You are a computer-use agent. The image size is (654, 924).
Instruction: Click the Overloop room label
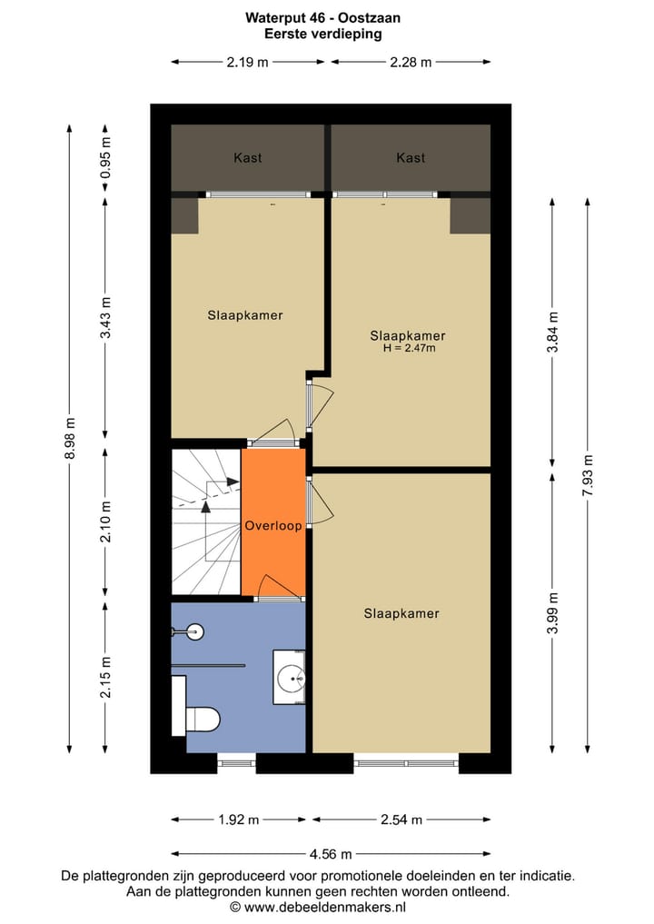[272, 525]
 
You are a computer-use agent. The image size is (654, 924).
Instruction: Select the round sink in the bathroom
[291, 677]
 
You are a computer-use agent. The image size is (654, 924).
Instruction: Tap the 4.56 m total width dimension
[331, 854]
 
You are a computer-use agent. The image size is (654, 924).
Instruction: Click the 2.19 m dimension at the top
[247, 62]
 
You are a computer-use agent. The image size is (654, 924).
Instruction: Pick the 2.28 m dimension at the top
[410, 62]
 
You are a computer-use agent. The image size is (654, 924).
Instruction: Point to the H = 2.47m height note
[409, 347]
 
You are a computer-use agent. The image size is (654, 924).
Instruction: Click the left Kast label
[247, 158]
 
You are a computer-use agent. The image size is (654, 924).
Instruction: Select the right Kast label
[411, 158]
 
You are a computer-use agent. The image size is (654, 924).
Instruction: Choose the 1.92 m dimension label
[238, 820]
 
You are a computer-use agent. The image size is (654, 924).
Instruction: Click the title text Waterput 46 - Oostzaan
[322, 17]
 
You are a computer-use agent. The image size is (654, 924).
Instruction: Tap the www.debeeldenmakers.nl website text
[330, 906]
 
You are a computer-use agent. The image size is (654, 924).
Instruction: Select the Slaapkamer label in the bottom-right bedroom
[401, 613]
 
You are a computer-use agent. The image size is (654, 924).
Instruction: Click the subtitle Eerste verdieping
[322, 34]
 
